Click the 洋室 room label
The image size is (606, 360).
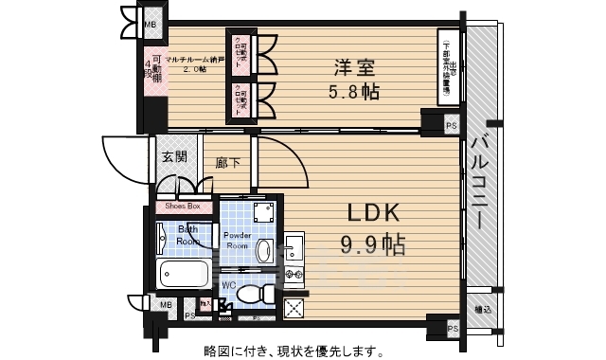[x=352, y=68]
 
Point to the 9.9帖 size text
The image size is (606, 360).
[x=372, y=246]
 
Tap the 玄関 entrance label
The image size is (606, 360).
[x=173, y=158]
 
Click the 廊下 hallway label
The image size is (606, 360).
[x=228, y=163]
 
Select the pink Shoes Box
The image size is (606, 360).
[x=183, y=206]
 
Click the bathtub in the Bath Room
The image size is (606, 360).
[x=186, y=275]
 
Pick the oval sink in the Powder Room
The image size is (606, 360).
[x=265, y=250]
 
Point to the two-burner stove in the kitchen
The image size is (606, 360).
[x=294, y=277]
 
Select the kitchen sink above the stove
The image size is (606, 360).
[x=294, y=248]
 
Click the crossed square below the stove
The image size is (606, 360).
[x=294, y=307]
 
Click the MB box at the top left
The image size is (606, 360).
[x=150, y=25]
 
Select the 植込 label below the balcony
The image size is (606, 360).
[x=483, y=308]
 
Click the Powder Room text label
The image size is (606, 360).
[x=236, y=240]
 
